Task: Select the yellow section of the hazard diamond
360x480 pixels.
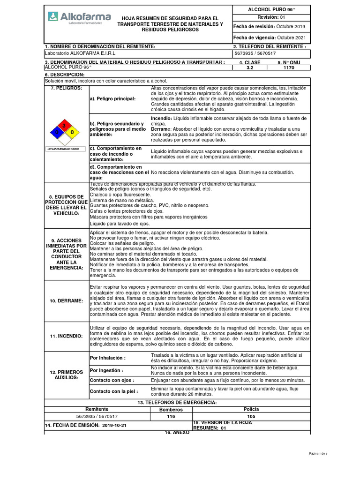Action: coord(72,133)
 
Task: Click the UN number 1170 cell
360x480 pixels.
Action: coord(289,67)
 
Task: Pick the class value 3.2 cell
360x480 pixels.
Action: coord(250,67)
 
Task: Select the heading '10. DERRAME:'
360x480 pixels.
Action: coord(66,300)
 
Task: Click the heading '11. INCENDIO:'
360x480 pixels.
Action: coord(66,336)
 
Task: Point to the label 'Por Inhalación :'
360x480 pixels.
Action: coord(108,358)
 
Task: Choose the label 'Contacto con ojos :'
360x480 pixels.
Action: coord(112,380)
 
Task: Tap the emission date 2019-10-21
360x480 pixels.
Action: coord(114,425)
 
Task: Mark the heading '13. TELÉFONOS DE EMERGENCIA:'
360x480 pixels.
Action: coord(177,403)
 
